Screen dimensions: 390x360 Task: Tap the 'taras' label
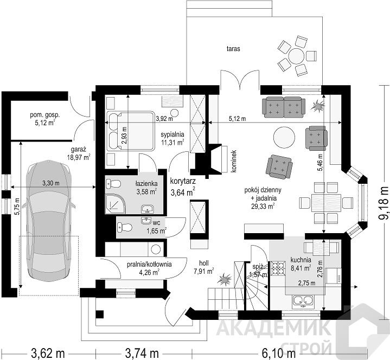[x=233, y=49]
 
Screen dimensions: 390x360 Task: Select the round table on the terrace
[x=296, y=56]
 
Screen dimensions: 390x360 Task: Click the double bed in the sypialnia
[x=131, y=131]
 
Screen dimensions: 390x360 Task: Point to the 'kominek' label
[x=233, y=161]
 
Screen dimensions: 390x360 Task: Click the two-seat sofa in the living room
[x=284, y=107]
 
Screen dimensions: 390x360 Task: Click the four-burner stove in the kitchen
[x=278, y=268]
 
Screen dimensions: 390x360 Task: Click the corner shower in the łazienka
[x=116, y=204]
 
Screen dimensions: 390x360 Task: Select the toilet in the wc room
[x=124, y=227]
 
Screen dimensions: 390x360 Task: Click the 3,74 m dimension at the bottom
[x=142, y=353]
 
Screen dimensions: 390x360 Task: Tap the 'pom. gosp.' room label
[x=45, y=115]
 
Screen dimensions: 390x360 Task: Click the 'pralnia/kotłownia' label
[x=149, y=265]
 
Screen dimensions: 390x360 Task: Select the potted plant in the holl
[x=225, y=279]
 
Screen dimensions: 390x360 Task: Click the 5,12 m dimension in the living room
[x=237, y=119]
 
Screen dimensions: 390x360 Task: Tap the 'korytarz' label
[x=183, y=181]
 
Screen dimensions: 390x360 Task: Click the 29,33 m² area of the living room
[x=263, y=206]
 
